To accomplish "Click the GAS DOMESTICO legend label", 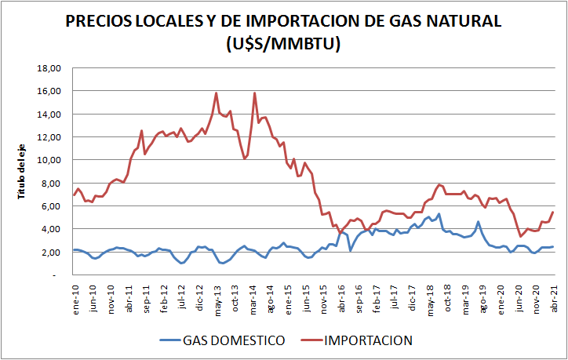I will pos(234,340).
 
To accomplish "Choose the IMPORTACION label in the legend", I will pos(369,340).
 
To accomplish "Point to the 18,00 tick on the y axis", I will pos(49,68).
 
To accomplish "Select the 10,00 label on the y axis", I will pos(49,160).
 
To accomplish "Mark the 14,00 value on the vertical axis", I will pos(49,114).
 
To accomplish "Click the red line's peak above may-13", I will pos(217,93).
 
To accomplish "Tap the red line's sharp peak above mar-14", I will pos(254,93).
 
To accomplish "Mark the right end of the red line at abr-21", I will pos(554,212).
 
